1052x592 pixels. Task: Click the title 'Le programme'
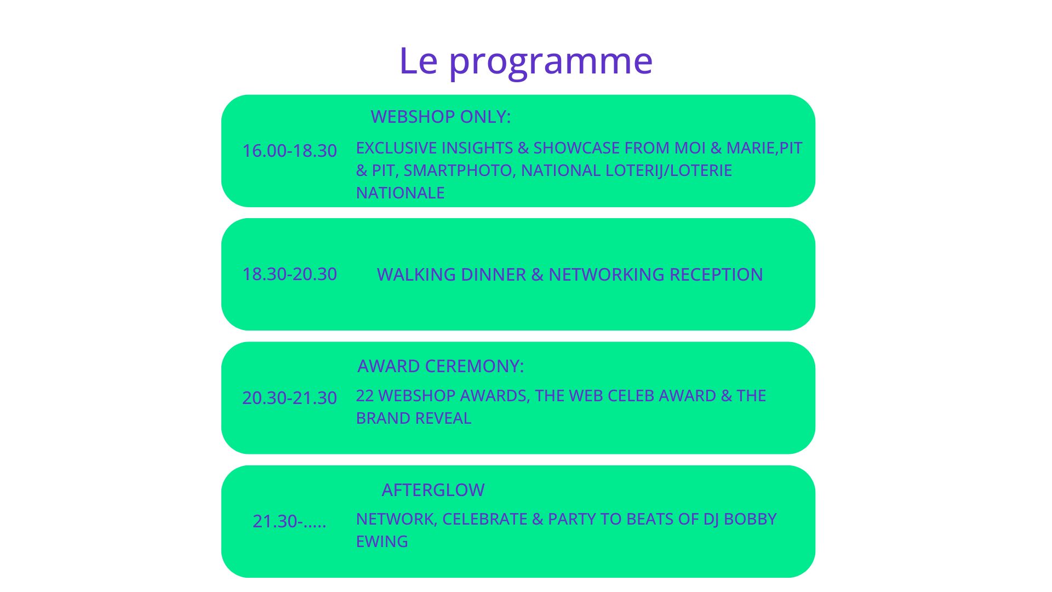[x=526, y=61]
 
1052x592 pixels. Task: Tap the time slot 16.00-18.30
[x=289, y=151]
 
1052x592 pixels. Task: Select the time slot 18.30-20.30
[x=289, y=274]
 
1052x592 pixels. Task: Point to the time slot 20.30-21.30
[x=289, y=398]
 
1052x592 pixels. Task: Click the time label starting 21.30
[x=289, y=521]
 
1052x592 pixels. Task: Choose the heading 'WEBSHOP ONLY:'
[x=441, y=117]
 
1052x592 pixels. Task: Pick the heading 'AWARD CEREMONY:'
[x=441, y=366]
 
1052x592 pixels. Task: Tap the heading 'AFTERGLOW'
[x=433, y=490]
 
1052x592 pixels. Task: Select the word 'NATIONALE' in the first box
[x=400, y=193]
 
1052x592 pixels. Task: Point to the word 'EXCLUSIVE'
[x=396, y=148]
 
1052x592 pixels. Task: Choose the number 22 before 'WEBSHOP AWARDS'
[x=365, y=396]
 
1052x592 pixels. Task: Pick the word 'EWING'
[x=382, y=542]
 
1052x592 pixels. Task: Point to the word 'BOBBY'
[x=750, y=519]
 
